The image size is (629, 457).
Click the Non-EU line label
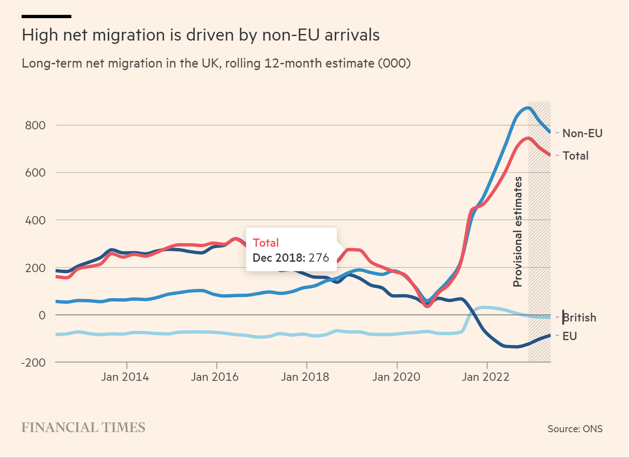pyautogui.click(x=582, y=133)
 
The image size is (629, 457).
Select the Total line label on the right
pyautogui.click(x=575, y=156)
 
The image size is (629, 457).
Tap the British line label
pyautogui.click(x=579, y=318)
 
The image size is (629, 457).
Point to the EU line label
pyautogui.click(x=569, y=336)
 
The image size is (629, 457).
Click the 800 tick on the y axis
pyautogui.click(x=35, y=125)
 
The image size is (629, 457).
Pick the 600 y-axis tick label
pyautogui.click(x=35, y=173)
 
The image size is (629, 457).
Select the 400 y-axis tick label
pyautogui.click(x=35, y=220)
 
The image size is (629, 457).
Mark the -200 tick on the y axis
pyautogui.click(x=33, y=363)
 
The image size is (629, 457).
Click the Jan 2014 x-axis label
pyautogui.click(x=125, y=377)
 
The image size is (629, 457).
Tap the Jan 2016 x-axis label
pyautogui.click(x=214, y=377)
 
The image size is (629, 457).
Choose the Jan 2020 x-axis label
pyautogui.click(x=396, y=377)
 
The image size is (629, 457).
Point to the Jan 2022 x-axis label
pyautogui.click(x=486, y=377)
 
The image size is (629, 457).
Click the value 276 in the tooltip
pyautogui.click(x=319, y=258)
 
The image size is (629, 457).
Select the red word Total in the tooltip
pyautogui.click(x=266, y=243)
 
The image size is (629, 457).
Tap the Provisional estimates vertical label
pyautogui.click(x=518, y=232)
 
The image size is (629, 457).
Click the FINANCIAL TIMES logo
pyautogui.click(x=83, y=428)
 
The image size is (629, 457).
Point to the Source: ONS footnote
pyautogui.click(x=575, y=428)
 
